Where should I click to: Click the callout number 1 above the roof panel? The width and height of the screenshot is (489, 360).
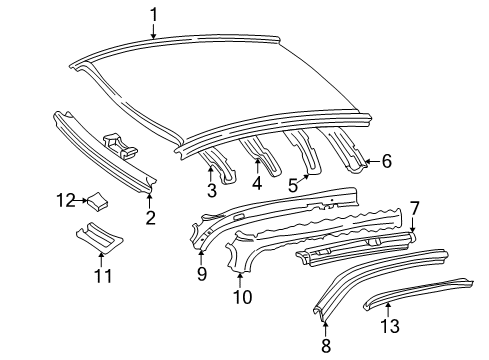click(x=154, y=14)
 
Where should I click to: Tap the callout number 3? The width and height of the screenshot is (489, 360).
click(x=212, y=190)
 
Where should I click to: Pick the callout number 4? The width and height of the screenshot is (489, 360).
click(x=258, y=184)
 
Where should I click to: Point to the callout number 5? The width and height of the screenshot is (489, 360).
click(x=293, y=183)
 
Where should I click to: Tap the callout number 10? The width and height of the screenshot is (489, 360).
click(x=240, y=297)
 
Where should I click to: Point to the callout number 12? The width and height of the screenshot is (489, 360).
click(x=67, y=201)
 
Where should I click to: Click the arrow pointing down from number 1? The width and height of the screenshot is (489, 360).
click(x=154, y=31)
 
